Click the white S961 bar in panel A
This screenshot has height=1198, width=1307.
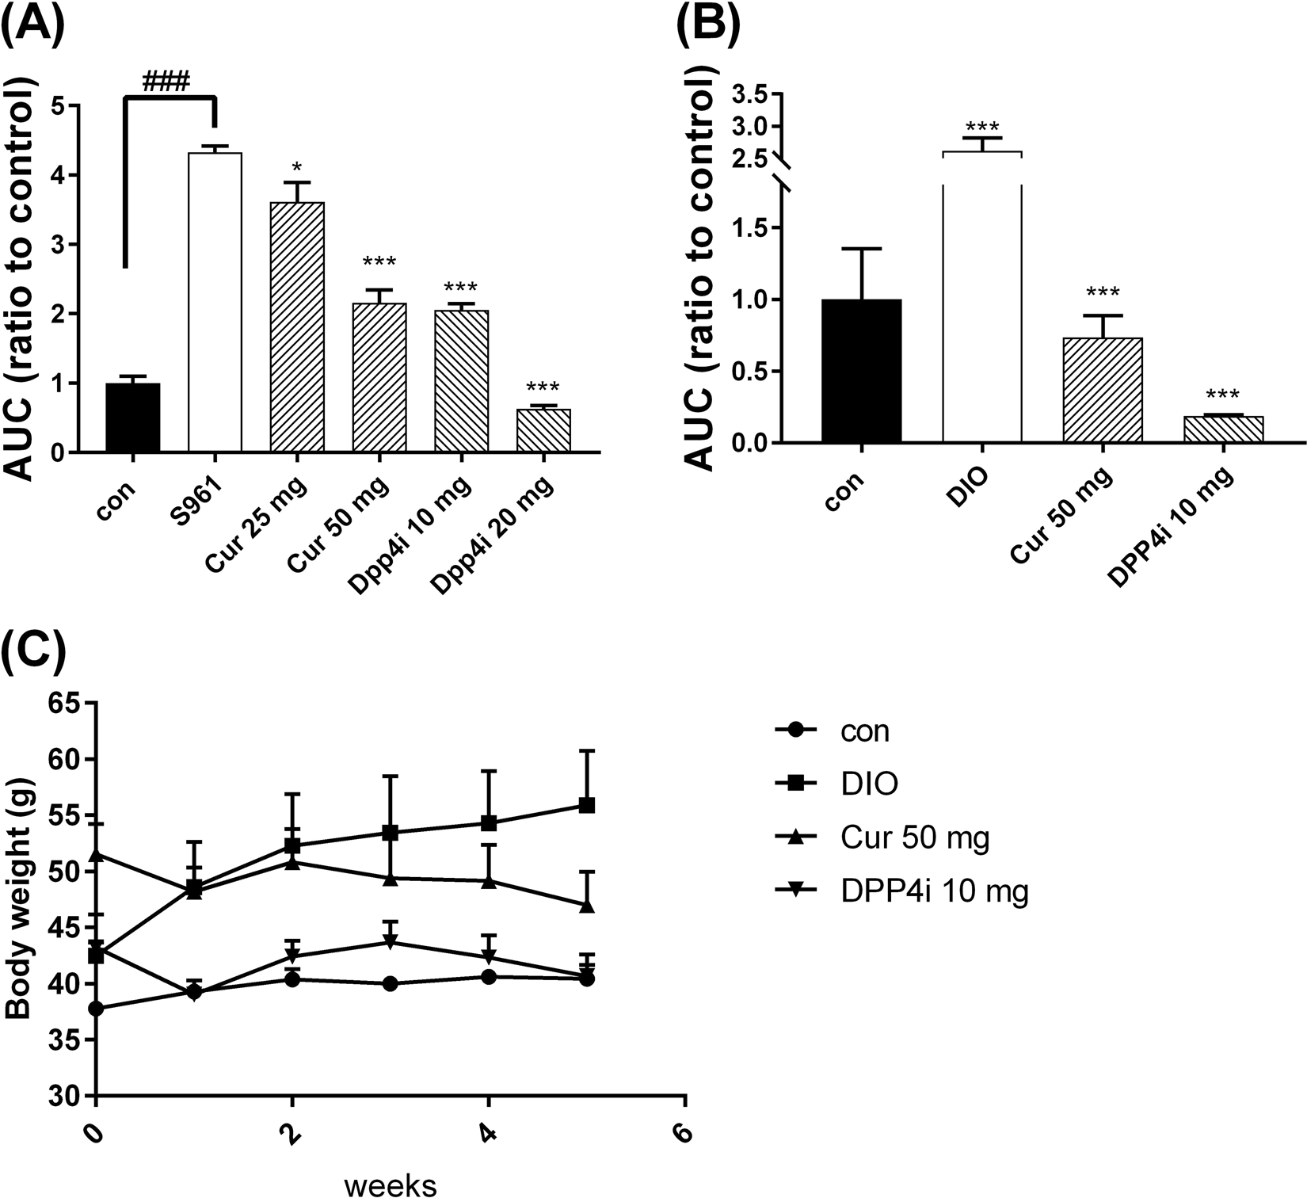pyautogui.click(x=215, y=302)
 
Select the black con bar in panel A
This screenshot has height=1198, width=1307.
pyautogui.click(x=133, y=418)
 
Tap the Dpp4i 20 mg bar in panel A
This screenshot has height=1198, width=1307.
pyautogui.click(x=543, y=430)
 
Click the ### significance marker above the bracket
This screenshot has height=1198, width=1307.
pyautogui.click(x=166, y=82)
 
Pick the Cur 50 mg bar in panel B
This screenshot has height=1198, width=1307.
pyautogui.click(x=1103, y=390)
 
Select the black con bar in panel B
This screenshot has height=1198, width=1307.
pyautogui.click(x=862, y=371)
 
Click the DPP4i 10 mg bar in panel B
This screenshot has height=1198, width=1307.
pyautogui.click(x=1223, y=429)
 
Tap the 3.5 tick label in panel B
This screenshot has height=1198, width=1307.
pyautogui.click(x=750, y=96)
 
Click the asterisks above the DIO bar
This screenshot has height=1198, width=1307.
pyautogui.click(x=982, y=127)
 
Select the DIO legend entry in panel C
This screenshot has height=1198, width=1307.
pyautogui.click(x=868, y=784)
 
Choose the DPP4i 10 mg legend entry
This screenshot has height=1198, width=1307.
pyautogui.click(x=933, y=892)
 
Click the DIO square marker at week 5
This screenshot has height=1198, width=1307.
pyautogui.click(x=587, y=806)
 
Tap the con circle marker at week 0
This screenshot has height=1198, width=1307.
pyautogui.click(x=96, y=1009)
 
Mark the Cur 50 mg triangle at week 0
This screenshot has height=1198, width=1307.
pyautogui.click(x=96, y=855)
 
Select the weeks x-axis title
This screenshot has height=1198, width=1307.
pyautogui.click(x=391, y=1185)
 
